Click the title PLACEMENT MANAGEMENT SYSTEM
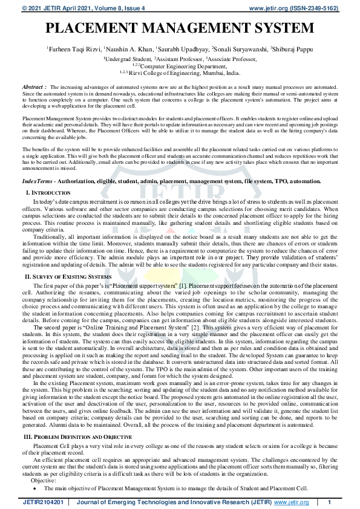pos(180,28)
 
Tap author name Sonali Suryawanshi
pos(239,48)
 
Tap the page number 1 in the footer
pos(329,502)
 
